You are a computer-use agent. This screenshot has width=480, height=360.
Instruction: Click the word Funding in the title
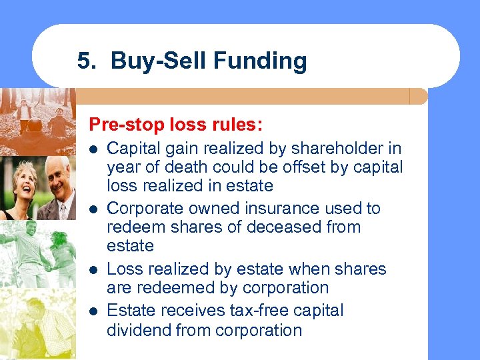tap(261, 61)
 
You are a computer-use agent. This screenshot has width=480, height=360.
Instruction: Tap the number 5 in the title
tap(83, 61)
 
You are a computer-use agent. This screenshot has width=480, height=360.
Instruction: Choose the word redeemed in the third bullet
tap(177, 287)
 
